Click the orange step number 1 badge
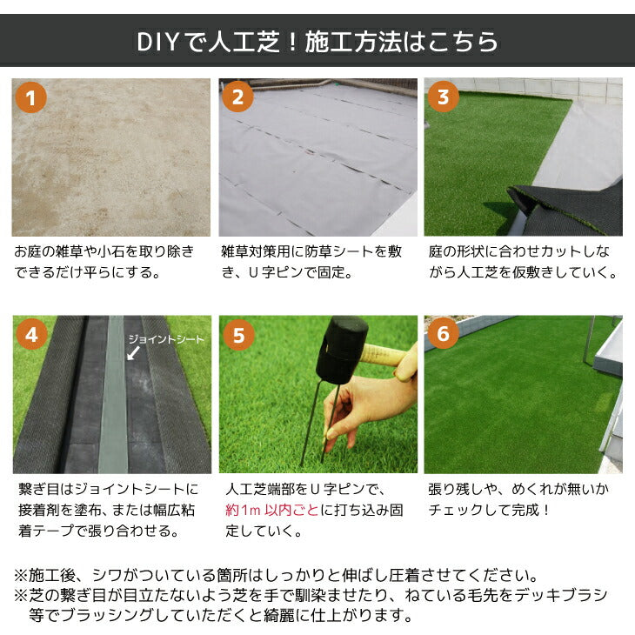point(30,97)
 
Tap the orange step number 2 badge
point(237,97)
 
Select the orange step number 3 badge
point(444,97)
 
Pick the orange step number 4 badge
point(32,335)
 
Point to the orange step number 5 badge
point(238,335)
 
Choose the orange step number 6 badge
point(444,333)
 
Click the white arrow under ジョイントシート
point(133,353)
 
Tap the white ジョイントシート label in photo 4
point(166,339)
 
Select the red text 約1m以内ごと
point(271,510)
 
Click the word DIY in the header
point(157,42)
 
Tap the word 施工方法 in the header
point(353,42)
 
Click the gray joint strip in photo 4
point(114,394)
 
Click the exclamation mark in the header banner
point(292,43)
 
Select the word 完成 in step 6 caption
point(525,510)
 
